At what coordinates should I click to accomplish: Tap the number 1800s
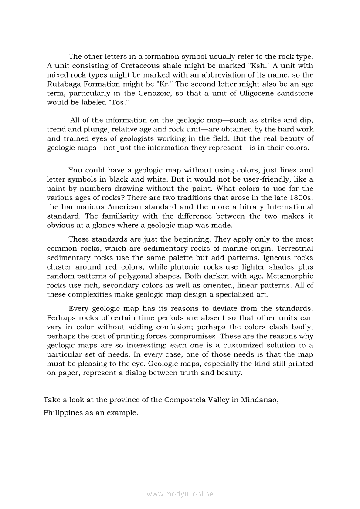tap(302, 198)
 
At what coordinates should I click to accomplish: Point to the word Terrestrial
tap(292, 249)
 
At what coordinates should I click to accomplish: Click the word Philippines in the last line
tap(63, 413)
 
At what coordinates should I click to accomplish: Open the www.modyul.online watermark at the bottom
tap(180, 494)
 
